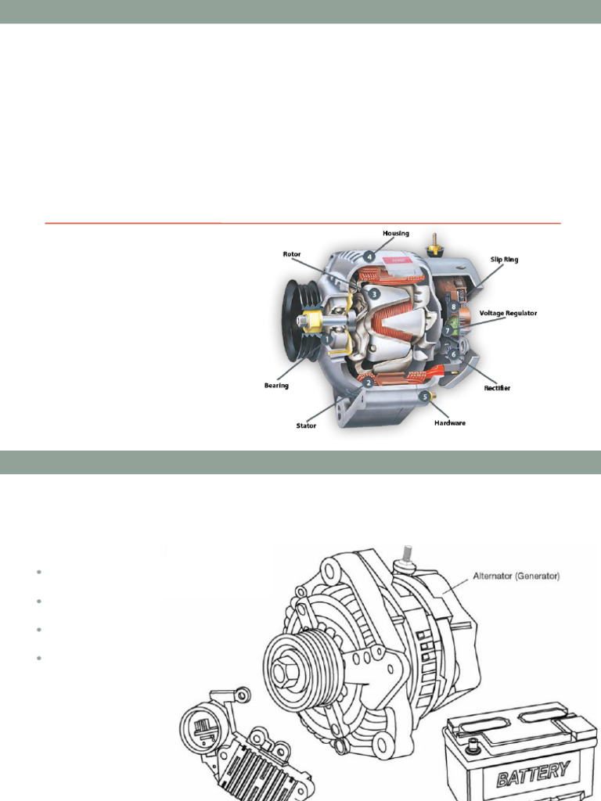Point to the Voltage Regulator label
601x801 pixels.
[x=508, y=313]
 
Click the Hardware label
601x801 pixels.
[x=450, y=423]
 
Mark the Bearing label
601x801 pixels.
[x=276, y=385]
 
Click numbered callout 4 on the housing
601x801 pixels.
[x=369, y=255]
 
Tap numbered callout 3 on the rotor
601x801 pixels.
[x=376, y=293]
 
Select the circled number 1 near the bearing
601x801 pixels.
[x=326, y=339]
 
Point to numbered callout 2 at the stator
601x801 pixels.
[x=368, y=383]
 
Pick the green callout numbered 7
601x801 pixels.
[x=448, y=331]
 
